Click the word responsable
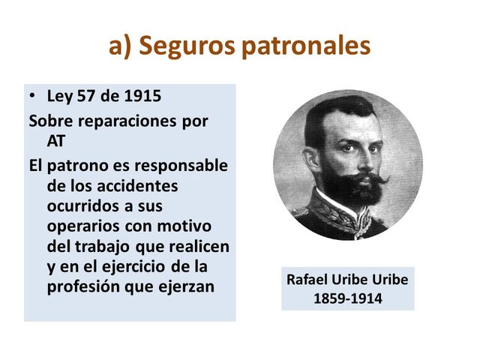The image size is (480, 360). click(x=180, y=165)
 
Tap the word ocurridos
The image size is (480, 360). click(x=79, y=205)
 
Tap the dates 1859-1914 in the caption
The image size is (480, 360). click(x=347, y=298)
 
